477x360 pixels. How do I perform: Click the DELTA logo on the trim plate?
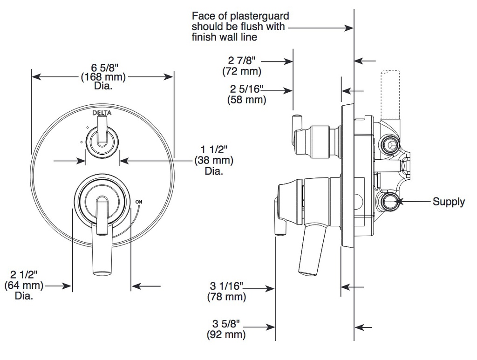tap(102, 113)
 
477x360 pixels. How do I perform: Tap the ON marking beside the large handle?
tap(139, 202)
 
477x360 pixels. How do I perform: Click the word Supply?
tap(449, 202)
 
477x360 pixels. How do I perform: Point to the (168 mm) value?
tap(103, 77)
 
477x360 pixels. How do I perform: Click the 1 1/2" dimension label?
tap(214, 149)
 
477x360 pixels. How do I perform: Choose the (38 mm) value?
tap(214, 160)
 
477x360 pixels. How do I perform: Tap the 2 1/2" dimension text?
tap(23, 275)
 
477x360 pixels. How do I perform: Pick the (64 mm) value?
tap(24, 285)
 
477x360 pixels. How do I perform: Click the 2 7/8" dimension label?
tap(242, 61)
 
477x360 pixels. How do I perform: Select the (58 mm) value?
tap(247, 100)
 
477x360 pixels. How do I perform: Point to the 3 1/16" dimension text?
tap(227, 286)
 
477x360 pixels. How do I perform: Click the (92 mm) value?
tap(226, 334)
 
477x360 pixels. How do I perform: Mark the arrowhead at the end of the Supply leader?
tap(398, 201)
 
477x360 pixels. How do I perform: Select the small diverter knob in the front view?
tap(102, 139)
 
